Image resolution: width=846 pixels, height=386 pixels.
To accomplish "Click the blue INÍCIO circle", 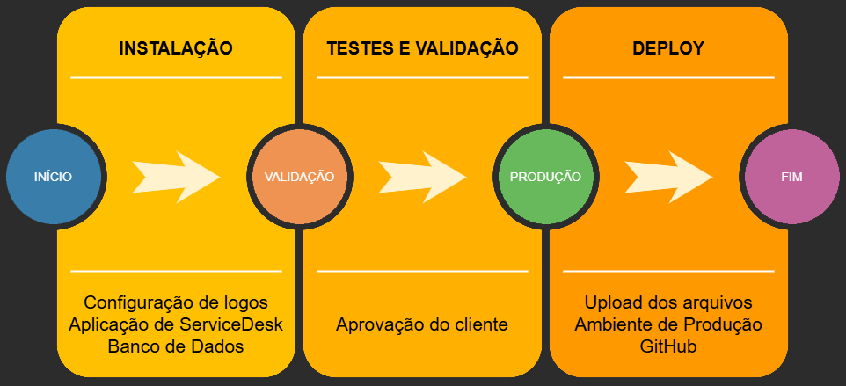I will click(53, 176).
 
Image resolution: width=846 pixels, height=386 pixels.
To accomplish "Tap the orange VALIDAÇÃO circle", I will click(299, 176).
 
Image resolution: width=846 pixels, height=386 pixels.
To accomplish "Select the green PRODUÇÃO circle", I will click(545, 176).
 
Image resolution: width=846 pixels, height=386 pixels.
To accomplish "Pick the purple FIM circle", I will click(791, 176).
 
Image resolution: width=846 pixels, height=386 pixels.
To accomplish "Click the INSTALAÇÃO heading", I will click(176, 48).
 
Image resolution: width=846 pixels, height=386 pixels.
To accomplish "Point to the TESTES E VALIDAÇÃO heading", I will click(422, 48).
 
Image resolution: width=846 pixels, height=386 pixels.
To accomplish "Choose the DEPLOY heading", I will click(668, 48).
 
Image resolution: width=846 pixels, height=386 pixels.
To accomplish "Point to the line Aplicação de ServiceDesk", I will click(176, 324).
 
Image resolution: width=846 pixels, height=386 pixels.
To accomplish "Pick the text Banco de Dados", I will click(176, 346).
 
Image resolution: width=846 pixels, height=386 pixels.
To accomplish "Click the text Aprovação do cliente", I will click(422, 324).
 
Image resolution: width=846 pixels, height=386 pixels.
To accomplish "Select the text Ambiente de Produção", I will click(668, 324).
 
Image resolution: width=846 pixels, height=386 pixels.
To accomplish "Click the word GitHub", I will click(668, 346).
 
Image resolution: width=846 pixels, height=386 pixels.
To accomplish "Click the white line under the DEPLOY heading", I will click(668, 77).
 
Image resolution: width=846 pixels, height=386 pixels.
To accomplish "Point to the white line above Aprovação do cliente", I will click(422, 271).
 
